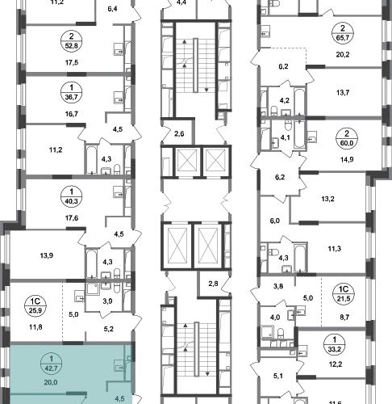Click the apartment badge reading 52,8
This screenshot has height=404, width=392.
(71, 41)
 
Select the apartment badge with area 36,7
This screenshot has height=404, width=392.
(71, 92)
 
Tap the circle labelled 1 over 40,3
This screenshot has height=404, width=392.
(71, 196)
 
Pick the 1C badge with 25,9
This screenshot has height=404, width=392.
(35, 305)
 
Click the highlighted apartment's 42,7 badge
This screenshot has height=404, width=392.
(52, 364)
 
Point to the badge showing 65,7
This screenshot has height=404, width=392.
(343, 33)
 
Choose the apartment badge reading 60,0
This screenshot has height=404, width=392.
(347, 138)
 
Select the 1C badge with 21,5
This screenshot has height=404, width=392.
(344, 294)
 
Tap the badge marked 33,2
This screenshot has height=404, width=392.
(334, 344)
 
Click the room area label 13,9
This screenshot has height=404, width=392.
(47, 255)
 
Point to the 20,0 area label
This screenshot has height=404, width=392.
(51, 382)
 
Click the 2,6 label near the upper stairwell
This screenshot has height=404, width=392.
(179, 133)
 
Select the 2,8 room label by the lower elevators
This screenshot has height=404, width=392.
(213, 284)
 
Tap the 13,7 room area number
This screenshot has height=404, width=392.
(343, 93)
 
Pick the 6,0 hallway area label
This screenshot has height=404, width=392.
(275, 221)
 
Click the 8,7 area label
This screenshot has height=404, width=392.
(344, 317)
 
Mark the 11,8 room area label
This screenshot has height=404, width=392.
(35, 327)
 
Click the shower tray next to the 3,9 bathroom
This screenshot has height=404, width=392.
(94, 288)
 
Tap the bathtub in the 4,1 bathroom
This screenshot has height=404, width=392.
(299, 134)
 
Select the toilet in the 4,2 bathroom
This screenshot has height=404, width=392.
(274, 110)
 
